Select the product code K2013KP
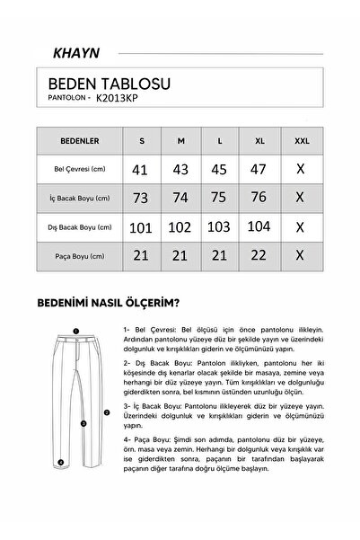pyautogui.click(x=119, y=101)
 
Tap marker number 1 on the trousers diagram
pyautogui.click(x=77, y=331)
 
